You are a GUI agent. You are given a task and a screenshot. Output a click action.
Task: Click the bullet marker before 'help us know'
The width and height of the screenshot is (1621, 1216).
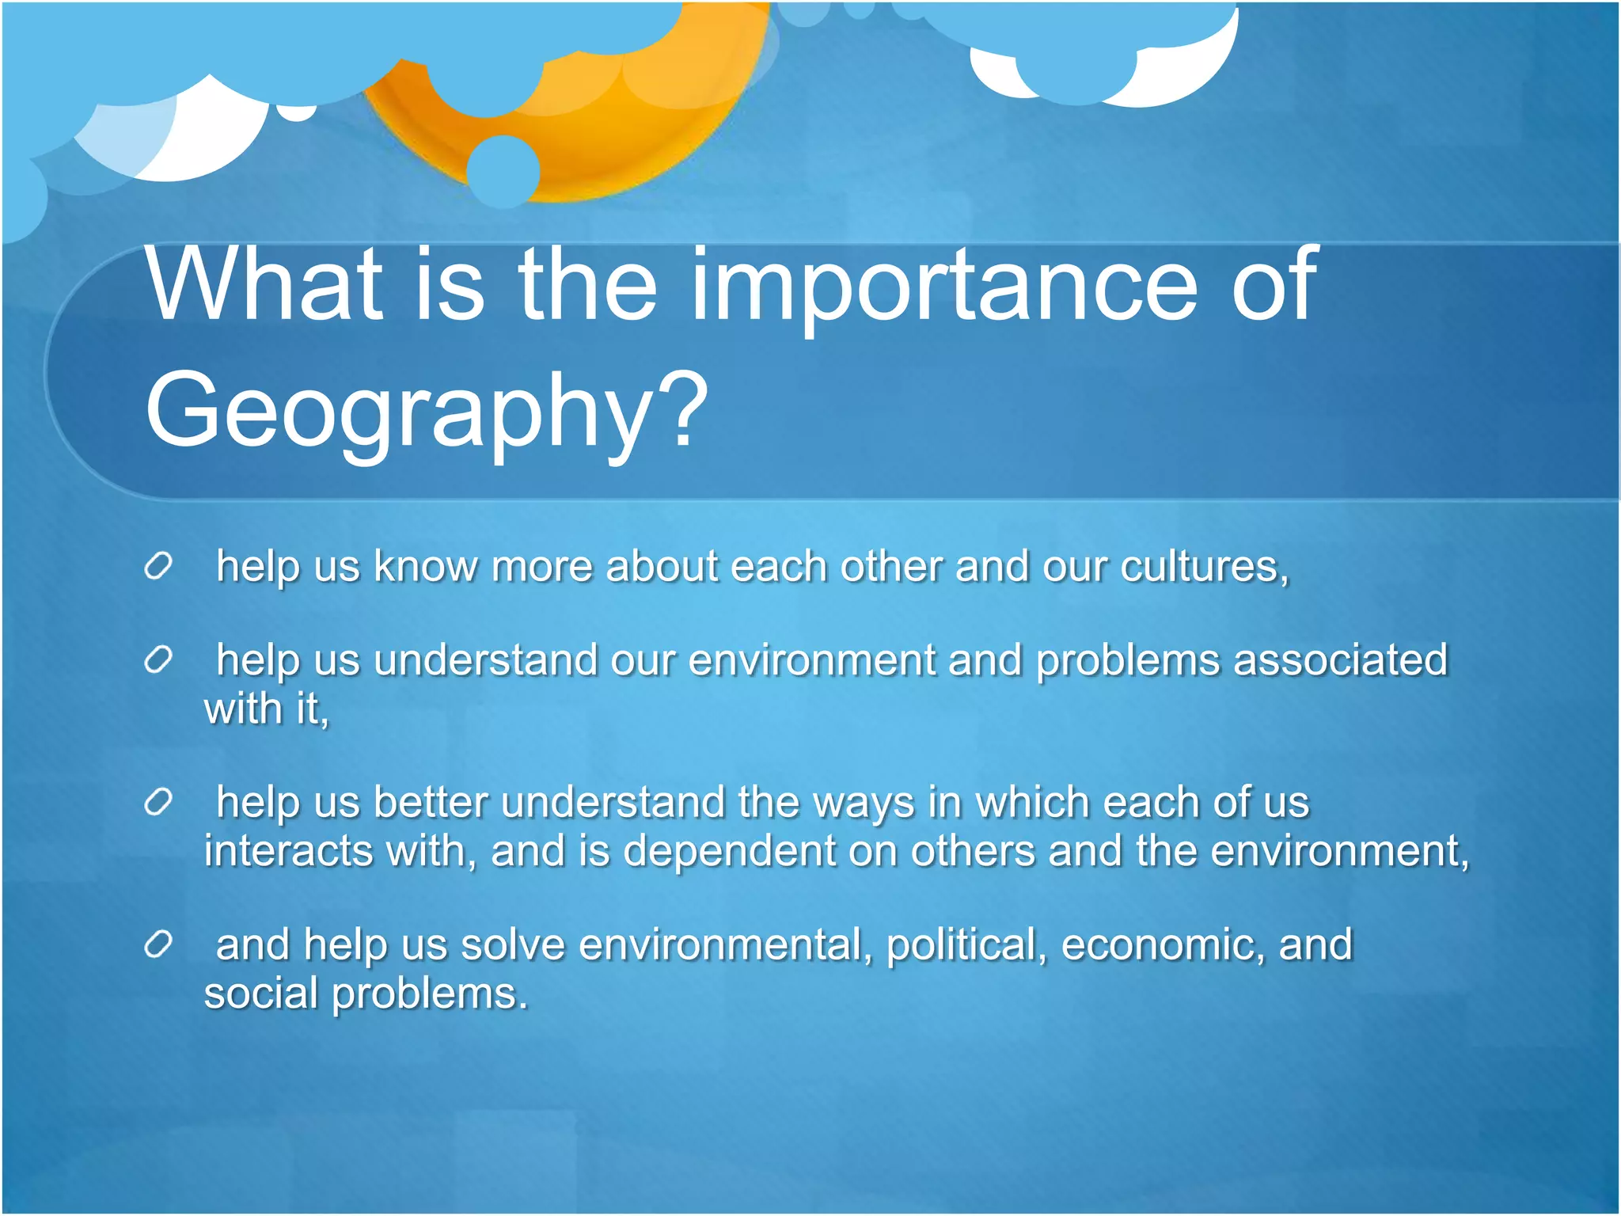pos(158,567)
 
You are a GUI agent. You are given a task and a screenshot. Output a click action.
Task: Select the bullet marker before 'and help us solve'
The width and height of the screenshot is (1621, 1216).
pos(158,944)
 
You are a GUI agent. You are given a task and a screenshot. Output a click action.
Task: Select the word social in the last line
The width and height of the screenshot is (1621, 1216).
pos(261,994)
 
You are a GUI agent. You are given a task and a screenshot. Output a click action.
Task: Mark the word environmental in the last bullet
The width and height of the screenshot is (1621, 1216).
pos(723,945)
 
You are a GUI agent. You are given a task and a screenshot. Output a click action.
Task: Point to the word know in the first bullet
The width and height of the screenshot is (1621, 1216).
pos(426,567)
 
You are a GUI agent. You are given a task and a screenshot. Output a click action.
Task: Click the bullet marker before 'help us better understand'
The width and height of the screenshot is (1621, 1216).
pos(158,803)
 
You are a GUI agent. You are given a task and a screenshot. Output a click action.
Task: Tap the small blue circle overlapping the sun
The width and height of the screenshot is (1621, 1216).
pos(503,171)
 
